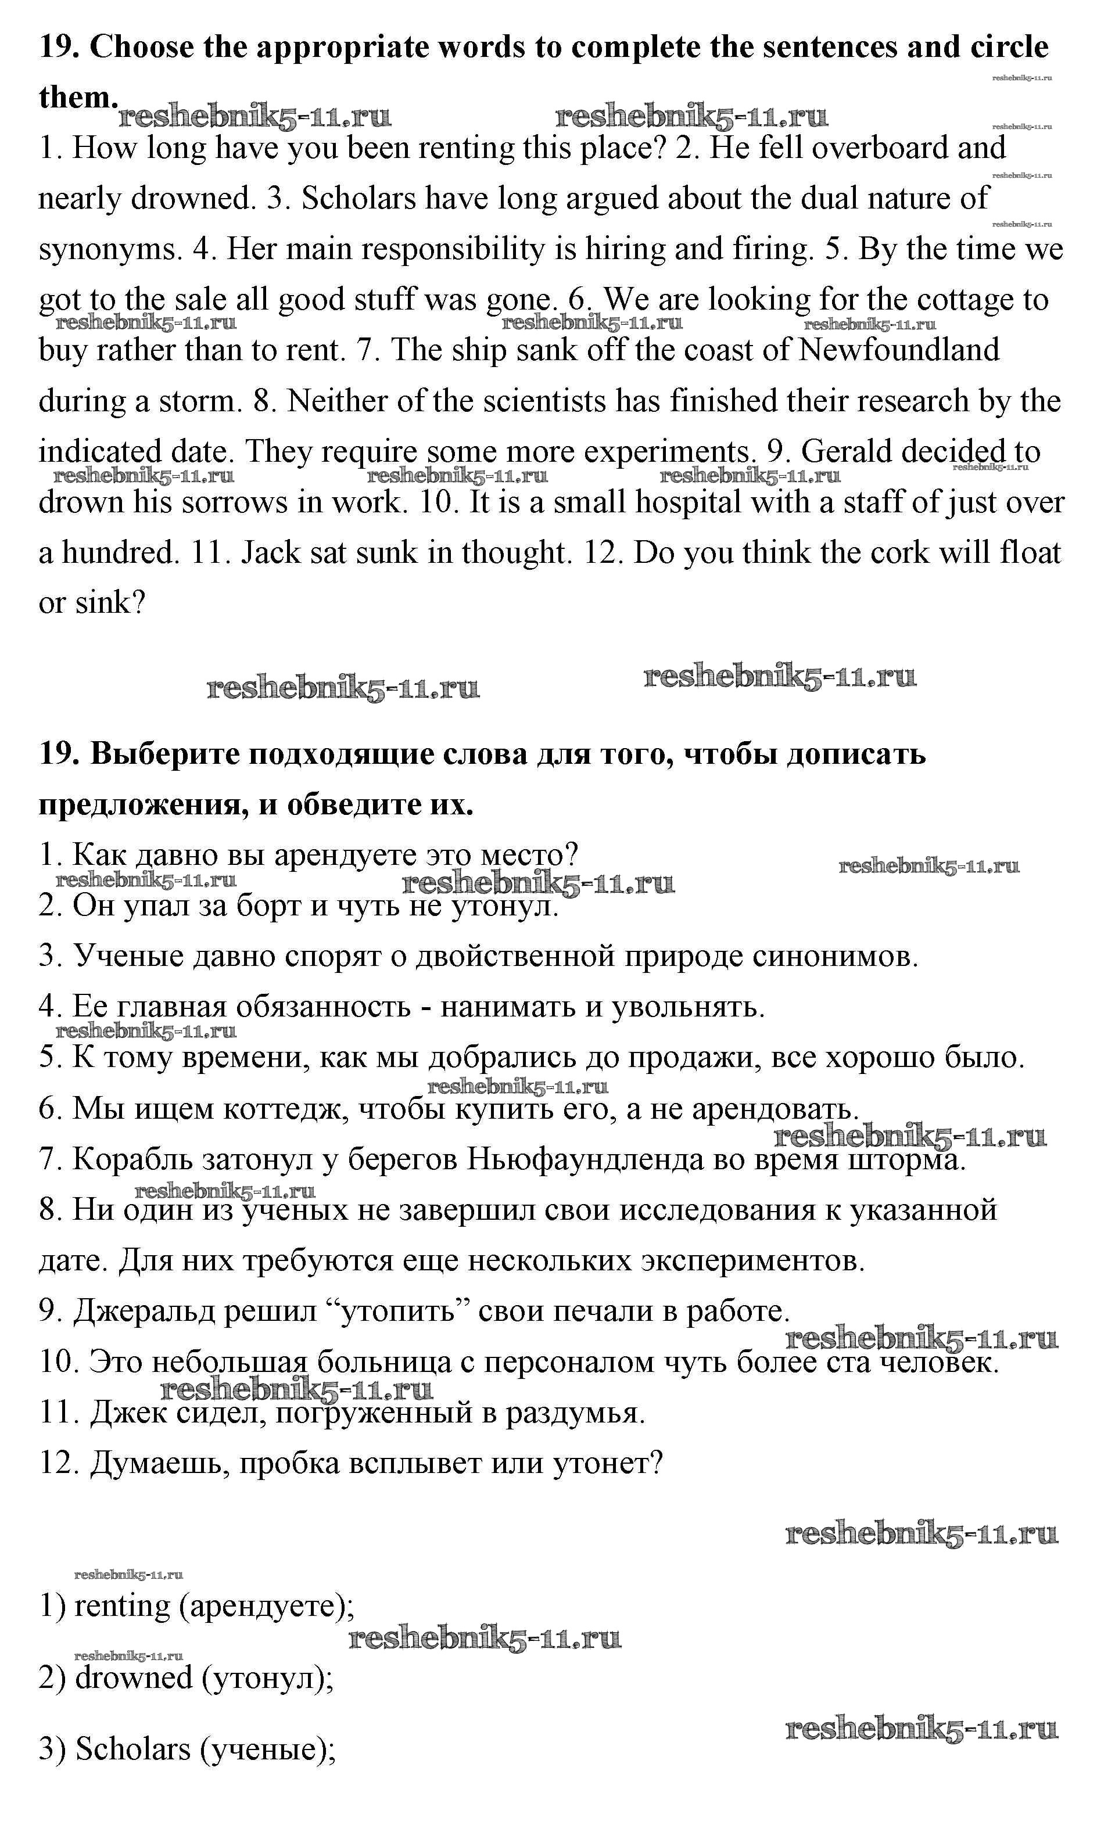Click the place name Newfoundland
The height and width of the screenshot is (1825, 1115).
click(899, 350)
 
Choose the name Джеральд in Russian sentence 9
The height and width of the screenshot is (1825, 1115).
click(145, 1311)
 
